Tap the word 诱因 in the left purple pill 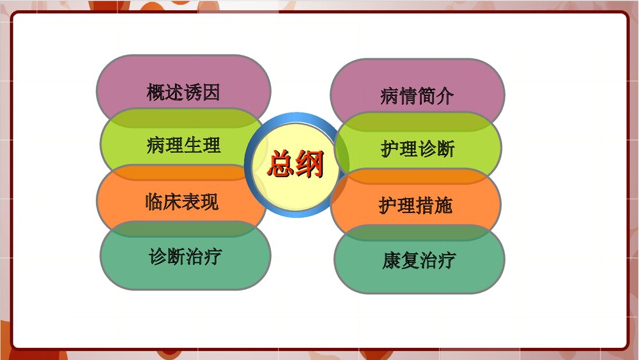202,92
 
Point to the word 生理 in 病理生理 202,145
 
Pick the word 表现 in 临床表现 201,201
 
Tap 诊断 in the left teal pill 167,257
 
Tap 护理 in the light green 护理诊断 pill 399,149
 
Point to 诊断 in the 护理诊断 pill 436,149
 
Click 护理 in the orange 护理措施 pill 397,205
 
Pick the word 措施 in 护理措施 435,205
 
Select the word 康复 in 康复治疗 401,261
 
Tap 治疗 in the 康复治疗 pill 438,261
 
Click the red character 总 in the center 280,165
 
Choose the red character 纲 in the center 311,165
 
